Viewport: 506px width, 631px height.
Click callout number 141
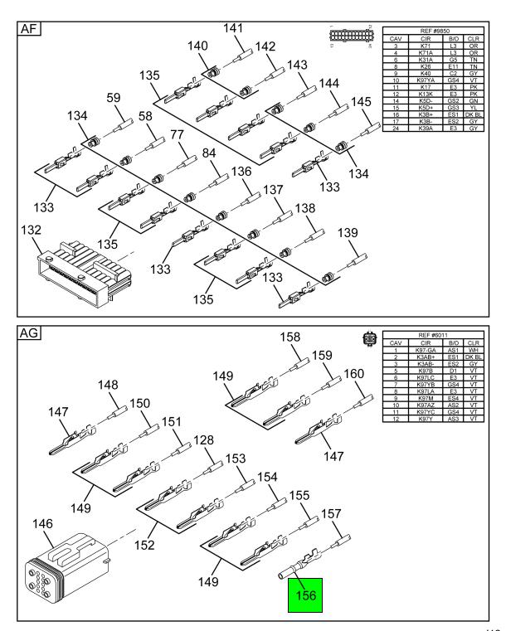(233, 28)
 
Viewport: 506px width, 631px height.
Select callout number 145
(361, 101)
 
